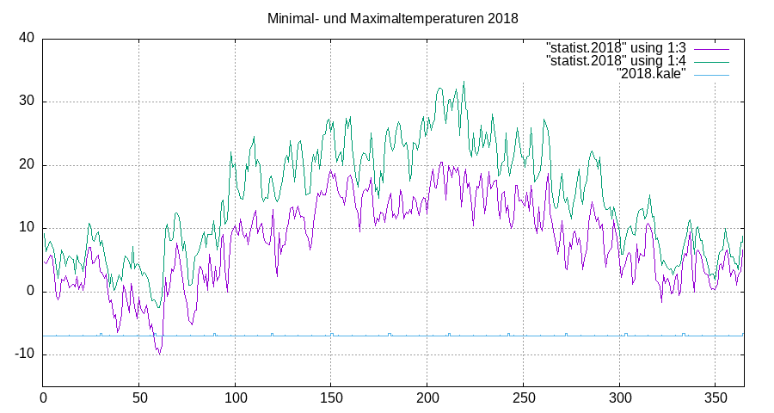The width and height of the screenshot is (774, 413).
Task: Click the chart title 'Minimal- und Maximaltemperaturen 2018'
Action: (x=392, y=18)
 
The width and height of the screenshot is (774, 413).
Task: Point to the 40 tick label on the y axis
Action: (x=26, y=38)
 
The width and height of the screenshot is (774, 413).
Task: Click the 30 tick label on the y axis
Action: (x=26, y=102)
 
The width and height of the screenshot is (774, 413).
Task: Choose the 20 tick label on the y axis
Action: (x=26, y=164)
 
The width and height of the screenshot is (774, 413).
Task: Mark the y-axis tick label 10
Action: (x=26, y=228)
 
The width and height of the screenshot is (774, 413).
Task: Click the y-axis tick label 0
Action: (x=30, y=291)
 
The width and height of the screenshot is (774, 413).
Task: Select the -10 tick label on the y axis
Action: (x=23, y=354)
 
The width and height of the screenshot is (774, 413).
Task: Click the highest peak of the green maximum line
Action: (x=464, y=82)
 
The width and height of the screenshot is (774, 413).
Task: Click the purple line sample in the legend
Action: (x=711, y=46)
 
